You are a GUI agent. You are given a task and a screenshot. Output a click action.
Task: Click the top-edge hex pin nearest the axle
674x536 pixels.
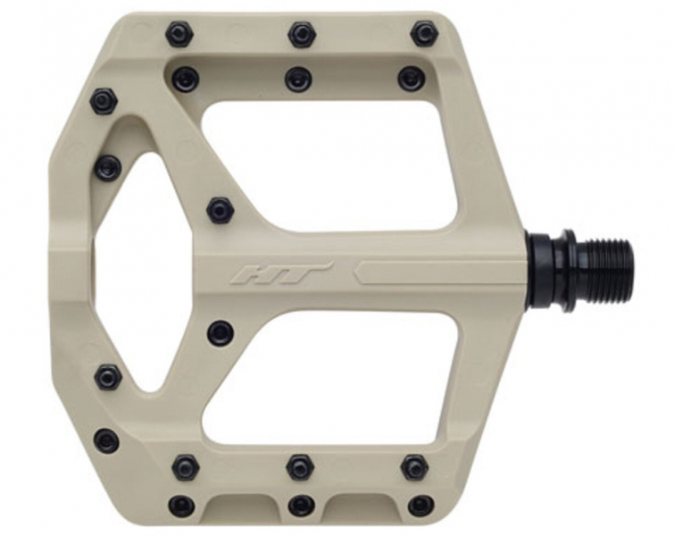424,34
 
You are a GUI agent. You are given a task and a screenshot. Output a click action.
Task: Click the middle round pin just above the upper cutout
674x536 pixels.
298,79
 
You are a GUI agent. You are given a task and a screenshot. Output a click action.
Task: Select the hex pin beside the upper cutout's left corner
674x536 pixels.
220,211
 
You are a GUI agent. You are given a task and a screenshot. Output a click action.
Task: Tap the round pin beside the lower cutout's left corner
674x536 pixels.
220,333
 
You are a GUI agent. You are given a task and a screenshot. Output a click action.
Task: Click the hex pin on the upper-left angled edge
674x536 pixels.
104,100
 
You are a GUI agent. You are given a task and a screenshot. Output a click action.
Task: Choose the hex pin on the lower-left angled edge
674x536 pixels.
108,377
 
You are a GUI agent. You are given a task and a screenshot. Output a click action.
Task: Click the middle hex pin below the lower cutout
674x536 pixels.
300,466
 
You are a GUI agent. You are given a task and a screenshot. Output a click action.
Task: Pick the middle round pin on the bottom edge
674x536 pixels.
300,506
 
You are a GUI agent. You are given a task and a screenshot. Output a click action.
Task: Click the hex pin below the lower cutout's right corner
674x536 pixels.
414,466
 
